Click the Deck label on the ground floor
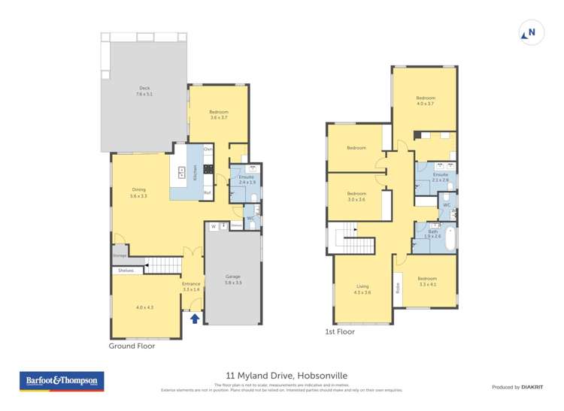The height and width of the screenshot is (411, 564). (x=144, y=88)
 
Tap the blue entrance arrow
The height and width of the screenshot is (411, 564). (x=195, y=318)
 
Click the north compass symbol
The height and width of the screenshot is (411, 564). (x=529, y=32)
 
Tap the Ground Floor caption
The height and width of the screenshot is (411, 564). (x=132, y=346)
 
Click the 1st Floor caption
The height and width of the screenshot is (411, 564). (x=340, y=331)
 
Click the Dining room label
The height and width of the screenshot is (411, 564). (x=138, y=189)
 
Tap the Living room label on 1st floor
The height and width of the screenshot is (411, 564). (x=362, y=286)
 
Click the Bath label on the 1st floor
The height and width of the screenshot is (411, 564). (x=432, y=231)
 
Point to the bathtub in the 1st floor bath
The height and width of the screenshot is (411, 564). (x=450, y=238)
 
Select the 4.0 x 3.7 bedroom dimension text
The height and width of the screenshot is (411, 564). (x=426, y=104)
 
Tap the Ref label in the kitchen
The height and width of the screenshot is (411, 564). (x=208, y=193)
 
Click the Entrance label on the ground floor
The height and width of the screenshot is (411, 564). (x=191, y=283)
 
